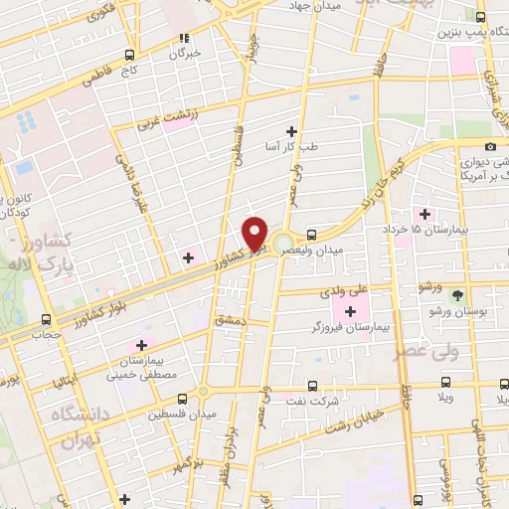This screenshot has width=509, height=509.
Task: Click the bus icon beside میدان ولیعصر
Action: [313, 236]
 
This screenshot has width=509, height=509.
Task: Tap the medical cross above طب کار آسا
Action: [291, 131]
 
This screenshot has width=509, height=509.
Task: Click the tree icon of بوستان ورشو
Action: [457, 295]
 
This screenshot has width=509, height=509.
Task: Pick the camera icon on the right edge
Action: [489, 147]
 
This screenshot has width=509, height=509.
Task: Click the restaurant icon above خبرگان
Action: [183, 39]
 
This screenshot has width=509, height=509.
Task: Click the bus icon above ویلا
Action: [446, 383]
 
